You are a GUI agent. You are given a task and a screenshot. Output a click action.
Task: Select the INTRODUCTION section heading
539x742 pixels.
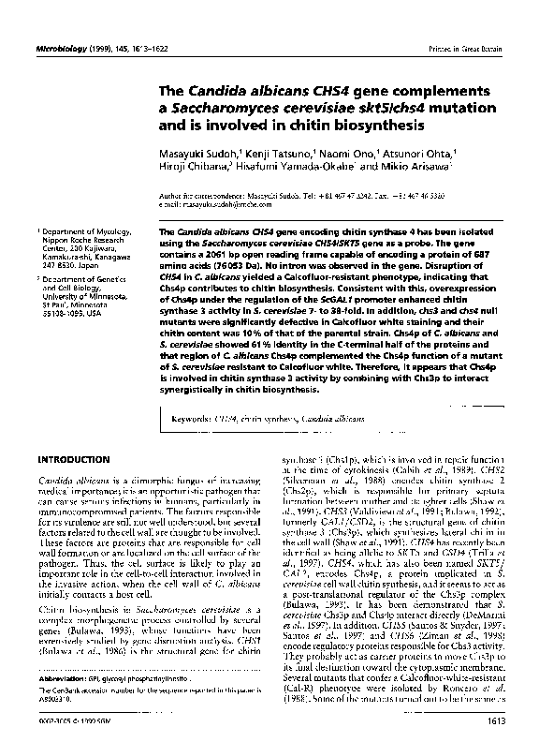(72, 461)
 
